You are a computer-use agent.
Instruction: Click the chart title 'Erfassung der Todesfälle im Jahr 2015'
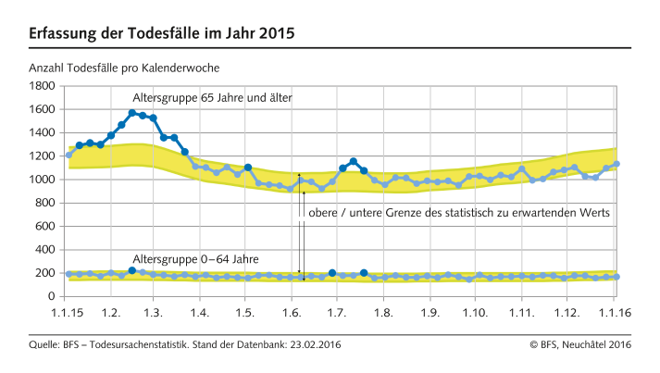pos(162,34)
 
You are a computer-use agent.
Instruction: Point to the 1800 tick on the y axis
pos(43,86)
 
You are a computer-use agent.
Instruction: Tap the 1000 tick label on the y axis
pos(43,180)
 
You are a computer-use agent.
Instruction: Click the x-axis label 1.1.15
pos(68,313)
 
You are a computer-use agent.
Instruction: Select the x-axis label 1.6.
pos(292,313)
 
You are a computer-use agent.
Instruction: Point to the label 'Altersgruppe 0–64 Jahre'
pos(195,258)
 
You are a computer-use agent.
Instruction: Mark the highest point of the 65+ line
pos(132,113)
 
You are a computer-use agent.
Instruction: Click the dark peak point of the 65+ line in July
pos(353,161)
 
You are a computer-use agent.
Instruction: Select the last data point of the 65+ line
pos(616,164)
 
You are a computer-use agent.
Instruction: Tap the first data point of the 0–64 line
pos(69,274)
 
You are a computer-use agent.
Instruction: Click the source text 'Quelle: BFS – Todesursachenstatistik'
pos(128,345)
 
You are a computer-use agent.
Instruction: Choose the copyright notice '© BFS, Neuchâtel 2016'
pos(580,345)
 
